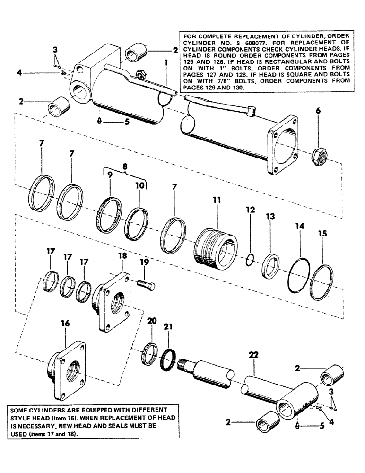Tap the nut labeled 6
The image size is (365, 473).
[318, 153]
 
